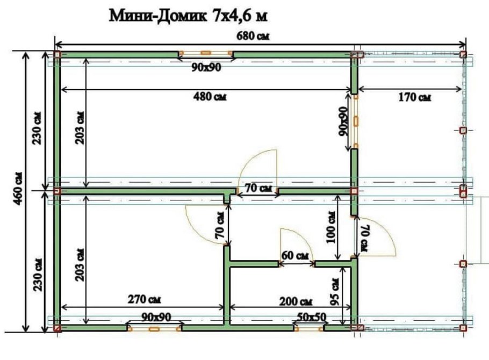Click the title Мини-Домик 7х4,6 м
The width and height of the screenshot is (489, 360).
coord(188,16)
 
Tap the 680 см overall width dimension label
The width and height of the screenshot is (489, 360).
coord(253,36)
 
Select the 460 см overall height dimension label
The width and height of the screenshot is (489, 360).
coord(18,188)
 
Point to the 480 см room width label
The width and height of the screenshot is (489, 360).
coord(210,96)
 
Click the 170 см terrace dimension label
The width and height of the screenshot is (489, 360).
coord(415,97)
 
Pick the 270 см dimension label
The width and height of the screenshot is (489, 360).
coord(145,299)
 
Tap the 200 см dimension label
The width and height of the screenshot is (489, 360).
coord(296,301)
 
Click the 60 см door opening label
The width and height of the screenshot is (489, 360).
coord(295,256)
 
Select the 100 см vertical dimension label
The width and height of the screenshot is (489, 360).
coord(330,227)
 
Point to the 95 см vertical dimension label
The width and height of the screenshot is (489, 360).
coord(335,291)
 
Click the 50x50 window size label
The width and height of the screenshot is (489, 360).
coord(311,317)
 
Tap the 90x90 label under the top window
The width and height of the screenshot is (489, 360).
coord(206,67)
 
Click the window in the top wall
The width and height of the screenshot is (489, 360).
coord(206,54)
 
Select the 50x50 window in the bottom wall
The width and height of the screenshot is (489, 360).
coord(308,328)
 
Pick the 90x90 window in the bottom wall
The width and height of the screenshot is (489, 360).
coord(154,328)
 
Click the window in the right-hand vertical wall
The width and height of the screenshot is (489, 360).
coord(355,121)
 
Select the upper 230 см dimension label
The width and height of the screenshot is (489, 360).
coord(38,127)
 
